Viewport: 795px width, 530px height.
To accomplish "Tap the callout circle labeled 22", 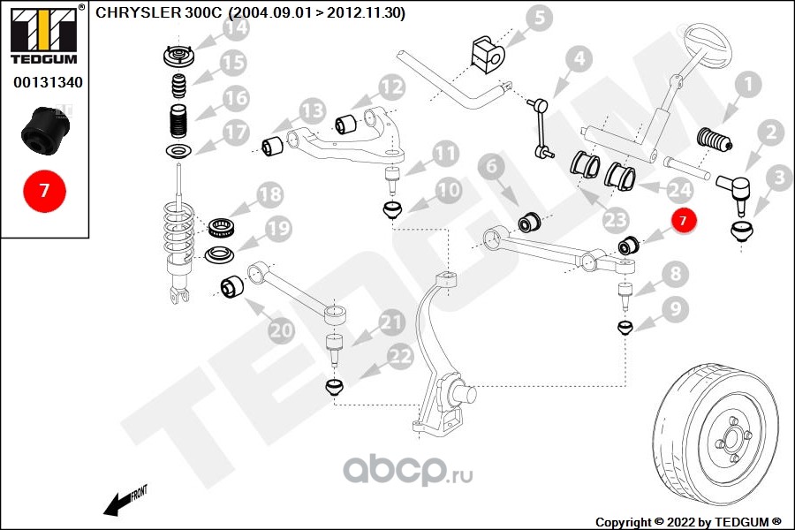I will [x=399, y=356].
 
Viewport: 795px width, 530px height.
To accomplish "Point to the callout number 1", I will [x=747, y=85].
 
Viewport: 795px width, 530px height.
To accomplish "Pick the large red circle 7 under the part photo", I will [x=43, y=190].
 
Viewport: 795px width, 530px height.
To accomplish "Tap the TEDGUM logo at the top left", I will [x=43, y=35].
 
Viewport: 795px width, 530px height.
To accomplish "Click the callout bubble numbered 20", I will [x=282, y=330].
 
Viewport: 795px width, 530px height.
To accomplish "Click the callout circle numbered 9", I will [x=675, y=309].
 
